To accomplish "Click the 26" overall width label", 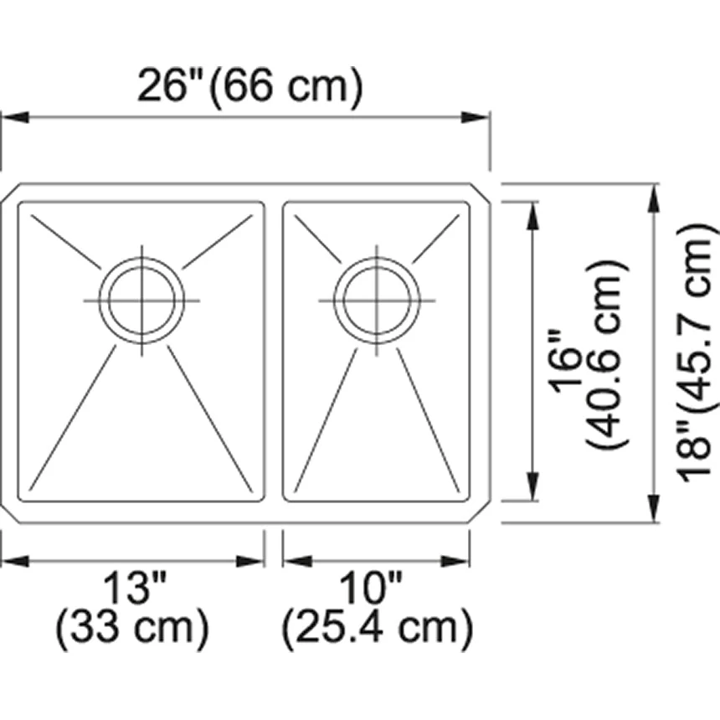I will [172, 85].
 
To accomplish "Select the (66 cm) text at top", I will [286, 85].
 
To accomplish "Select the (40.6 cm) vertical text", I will [608, 352].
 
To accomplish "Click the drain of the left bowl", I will [141, 301].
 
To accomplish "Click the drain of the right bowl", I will [376, 301].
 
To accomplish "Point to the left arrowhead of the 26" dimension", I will [12, 118].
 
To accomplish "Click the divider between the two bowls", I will [274, 352].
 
